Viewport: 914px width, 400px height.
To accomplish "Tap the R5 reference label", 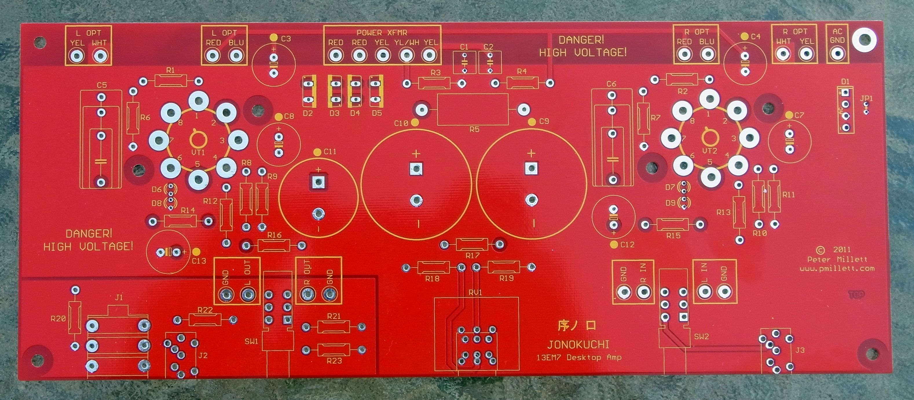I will [x=475, y=129].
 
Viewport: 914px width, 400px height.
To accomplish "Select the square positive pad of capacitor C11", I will [x=318, y=183].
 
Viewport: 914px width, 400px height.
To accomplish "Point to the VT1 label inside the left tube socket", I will [x=198, y=153].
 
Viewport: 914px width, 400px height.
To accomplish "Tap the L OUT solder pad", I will [x=248, y=294].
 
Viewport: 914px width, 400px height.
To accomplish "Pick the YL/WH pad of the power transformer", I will [x=406, y=55].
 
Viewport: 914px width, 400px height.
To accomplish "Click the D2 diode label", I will [x=308, y=113].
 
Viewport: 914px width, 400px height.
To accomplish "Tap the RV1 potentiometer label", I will [x=475, y=293].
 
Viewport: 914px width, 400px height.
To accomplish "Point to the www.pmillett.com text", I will [x=837, y=268].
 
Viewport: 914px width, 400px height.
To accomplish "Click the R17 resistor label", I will [x=472, y=255].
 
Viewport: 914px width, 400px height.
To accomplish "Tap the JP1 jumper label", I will [x=866, y=98].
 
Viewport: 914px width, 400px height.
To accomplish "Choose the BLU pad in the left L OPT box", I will [x=236, y=56].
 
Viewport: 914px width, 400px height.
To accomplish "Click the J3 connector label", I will [x=800, y=350].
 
